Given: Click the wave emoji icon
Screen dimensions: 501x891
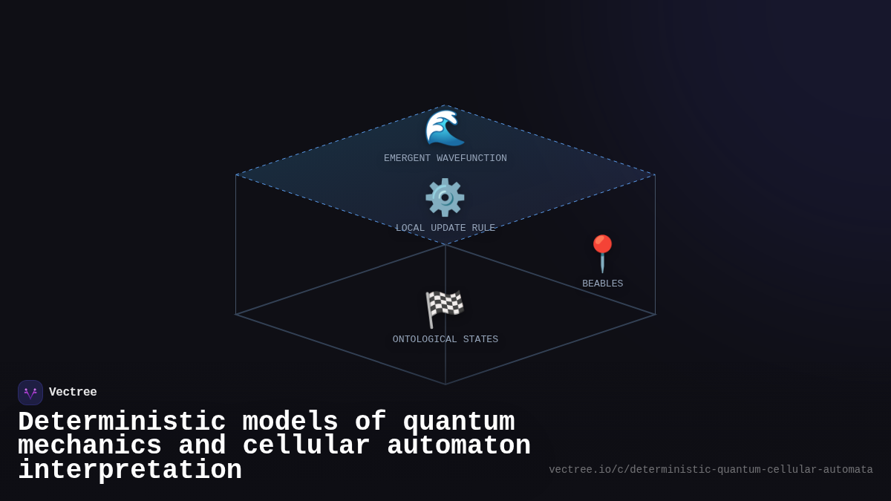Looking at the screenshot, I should [x=445, y=128].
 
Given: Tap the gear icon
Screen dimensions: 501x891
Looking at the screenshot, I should [x=445, y=197].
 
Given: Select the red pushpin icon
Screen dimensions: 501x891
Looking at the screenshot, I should [x=602, y=253].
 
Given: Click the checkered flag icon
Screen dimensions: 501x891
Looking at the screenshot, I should [x=445, y=309].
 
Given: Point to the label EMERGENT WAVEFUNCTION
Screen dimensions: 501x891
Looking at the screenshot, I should [x=446, y=158].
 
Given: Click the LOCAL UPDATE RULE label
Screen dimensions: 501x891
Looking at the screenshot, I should [x=446, y=228].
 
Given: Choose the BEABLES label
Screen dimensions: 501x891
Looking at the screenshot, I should [x=602, y=284].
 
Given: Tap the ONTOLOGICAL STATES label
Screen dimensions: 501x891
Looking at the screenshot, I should [x=446, y=339].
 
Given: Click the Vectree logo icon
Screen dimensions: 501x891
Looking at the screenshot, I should [x=30, y=393].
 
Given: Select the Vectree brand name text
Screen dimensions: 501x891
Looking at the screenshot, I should [x=73, y=393].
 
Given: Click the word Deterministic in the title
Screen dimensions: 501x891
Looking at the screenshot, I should [x=122, y=422].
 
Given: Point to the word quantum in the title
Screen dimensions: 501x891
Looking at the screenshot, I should [x=458, y=422].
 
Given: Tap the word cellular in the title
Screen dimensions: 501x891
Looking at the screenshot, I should [x=306, y=446].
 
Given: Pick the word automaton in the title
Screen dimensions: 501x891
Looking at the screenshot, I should [x=458, y=446].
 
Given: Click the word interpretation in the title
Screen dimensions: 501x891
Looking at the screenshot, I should [x=130, y=471].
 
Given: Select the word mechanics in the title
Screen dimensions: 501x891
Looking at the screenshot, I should [x=90, y=446].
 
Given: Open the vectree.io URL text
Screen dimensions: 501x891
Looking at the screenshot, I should [x=711, y=470].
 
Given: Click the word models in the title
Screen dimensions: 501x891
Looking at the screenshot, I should [x=290, y=422].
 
